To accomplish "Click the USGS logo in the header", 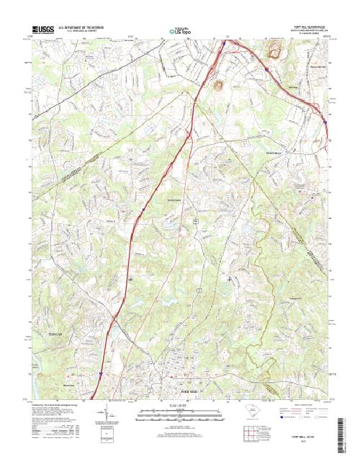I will (45, 28).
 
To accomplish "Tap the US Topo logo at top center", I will (180, 31).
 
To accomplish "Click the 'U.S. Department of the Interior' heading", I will (86, 26).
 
